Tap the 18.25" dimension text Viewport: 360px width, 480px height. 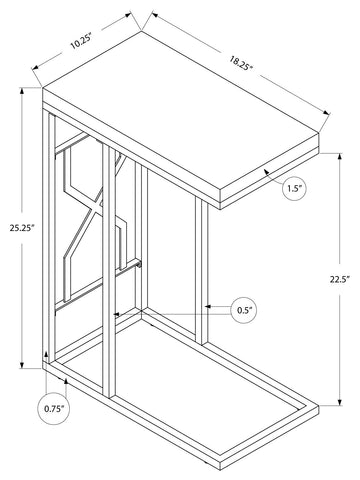tap(240, 63)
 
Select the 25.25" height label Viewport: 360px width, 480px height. tap(21, 229)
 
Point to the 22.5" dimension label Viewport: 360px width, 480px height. tap(339, 279)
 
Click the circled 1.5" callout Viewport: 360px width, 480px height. tap(294, 189)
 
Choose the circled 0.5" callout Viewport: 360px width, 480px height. tap(244, 310)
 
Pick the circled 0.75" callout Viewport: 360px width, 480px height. tap(53, 409)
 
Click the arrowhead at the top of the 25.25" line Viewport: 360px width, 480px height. tap(22, 91)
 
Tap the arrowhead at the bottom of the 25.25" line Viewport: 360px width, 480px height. tap(22, 364)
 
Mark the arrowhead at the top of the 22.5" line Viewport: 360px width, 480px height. tap(340, 158)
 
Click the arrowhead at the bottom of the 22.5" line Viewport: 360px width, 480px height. tap(340, 401)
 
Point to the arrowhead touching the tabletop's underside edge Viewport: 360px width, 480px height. tap(267, 172)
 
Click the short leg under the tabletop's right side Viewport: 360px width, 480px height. tap(202, 271)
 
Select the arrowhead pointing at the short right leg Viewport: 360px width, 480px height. tap(208, 306)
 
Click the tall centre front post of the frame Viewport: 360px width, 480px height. tap(109, 271)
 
